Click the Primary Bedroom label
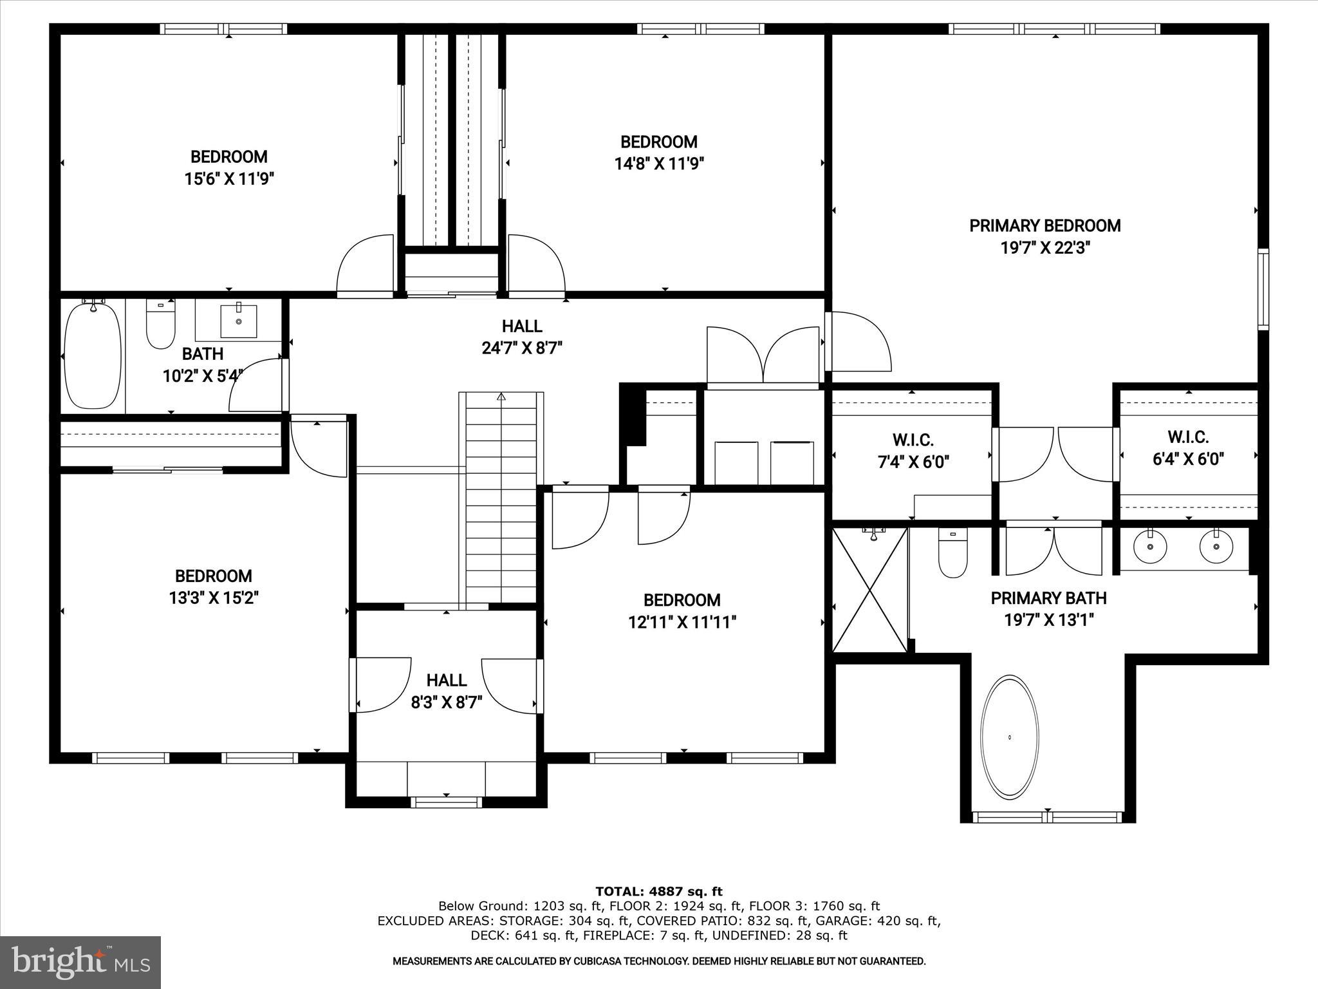coord(1044,226)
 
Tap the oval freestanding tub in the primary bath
coord(1009,735)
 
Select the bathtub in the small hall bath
coord(93,356)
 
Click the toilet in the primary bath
coord(952,554)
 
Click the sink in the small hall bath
coord(238,321)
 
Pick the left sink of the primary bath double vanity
coord(1149,547)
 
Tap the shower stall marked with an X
coord(869,590)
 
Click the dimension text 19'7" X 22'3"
coord(1044,249)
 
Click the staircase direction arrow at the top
coord(501,397)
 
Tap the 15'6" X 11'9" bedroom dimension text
coord(229,179)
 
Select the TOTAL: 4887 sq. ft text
coord(658,891)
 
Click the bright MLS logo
coord(80,963)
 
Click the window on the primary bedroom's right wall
coord(1263,289)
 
